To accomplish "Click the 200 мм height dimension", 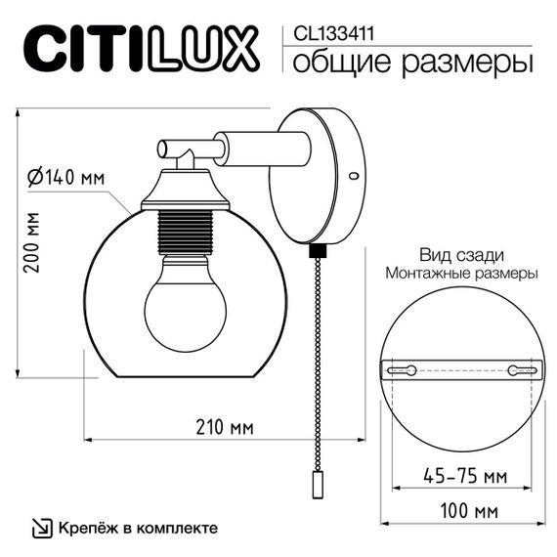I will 31,241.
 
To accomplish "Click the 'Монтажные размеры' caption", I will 461,274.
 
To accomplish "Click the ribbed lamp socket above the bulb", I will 185,235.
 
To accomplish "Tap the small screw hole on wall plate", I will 354,176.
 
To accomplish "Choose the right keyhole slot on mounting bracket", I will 518,370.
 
